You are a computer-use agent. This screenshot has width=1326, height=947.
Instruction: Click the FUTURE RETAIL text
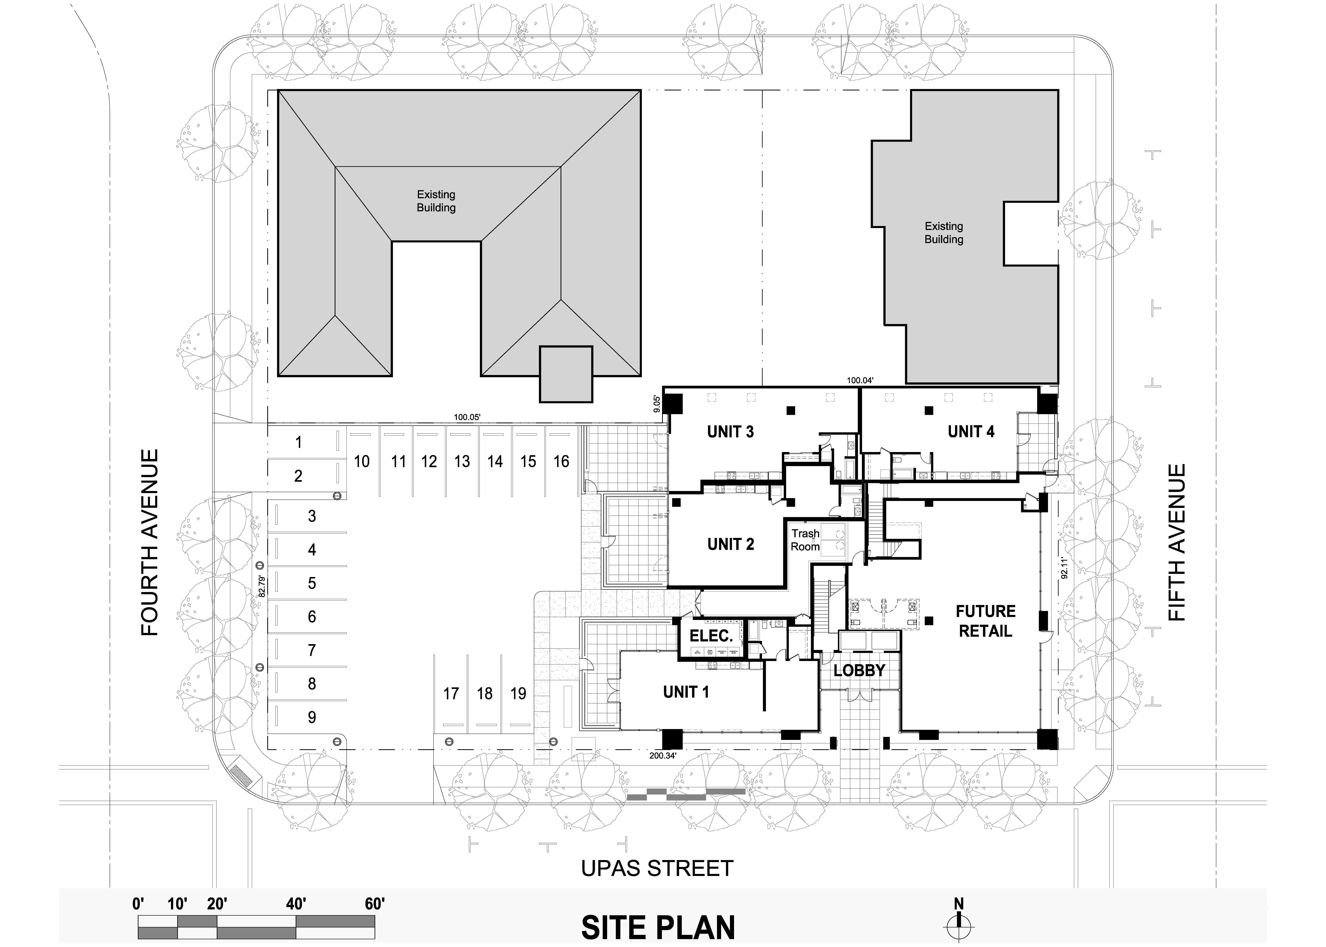click(x=986, y=621)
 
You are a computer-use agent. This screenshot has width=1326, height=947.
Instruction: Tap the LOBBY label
click(x=859, y=671)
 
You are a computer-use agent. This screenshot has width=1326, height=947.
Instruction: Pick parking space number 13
click(x=462, y=462)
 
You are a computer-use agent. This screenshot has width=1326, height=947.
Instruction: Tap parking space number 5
click(x=312, y=583)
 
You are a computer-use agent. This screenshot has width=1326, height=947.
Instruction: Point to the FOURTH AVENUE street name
click(x=150, y=542)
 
